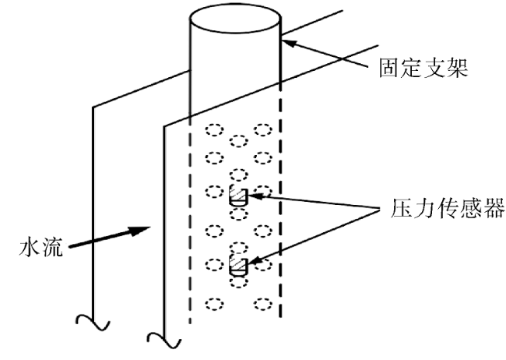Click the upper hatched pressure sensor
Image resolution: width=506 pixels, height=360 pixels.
click(x=238, y=196)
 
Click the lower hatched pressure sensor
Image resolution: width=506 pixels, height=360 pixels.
click(x=238, y=266)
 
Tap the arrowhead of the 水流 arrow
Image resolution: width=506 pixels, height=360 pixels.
click(x=141, y=231)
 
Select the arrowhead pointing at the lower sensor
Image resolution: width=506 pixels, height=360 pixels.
click(x=255, y=260)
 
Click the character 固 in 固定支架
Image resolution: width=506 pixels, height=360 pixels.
click(x=389, y=68)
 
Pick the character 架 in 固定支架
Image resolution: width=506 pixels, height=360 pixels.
click(x=457, y=68)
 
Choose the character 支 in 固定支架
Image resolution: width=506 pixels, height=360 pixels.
click(x=434, y=68)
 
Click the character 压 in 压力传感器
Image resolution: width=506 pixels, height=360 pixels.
click(x=401, y=208)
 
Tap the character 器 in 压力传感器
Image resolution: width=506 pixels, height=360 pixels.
click(x=493, y=208)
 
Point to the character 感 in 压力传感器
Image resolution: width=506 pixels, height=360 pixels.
click(x=470, y=208)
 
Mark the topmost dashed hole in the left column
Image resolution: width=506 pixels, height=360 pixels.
click(x=215, y=130)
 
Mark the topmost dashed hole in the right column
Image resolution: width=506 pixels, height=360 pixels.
click(x=263, y=130)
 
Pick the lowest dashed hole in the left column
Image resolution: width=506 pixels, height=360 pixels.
click(x=215, y=304)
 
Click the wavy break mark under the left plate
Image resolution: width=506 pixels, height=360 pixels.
click(x=93, y=323)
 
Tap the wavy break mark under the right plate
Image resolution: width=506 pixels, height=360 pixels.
click(x=164, y=341)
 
